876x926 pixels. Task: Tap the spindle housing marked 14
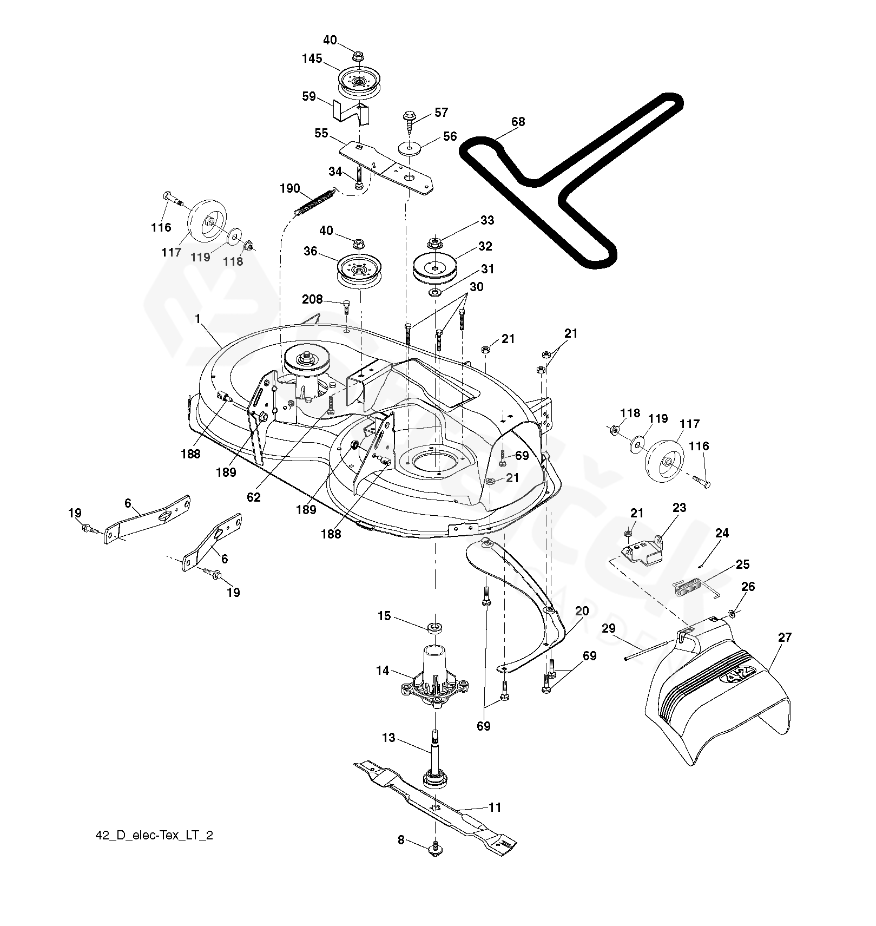434,674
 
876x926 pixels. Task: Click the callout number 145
312,58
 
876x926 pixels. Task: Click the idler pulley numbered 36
360,272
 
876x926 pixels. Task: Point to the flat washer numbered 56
410,148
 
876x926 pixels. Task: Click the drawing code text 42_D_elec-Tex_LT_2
154,850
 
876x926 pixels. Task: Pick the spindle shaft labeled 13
434,756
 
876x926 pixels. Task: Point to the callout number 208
312,299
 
